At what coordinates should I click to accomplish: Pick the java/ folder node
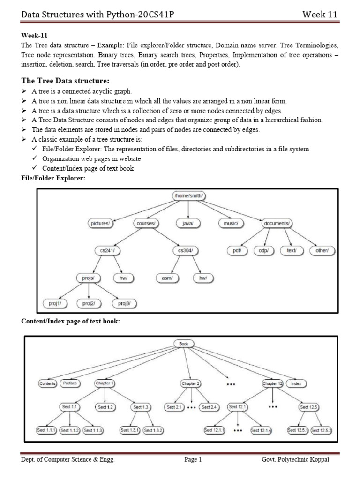(188, 224)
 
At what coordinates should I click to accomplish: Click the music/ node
(231, 224)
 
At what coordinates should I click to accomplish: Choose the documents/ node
(277, 224)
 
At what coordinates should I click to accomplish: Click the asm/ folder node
(167, 278)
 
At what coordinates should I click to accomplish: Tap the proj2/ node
(89, 304)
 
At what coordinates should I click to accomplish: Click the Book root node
(183, 344)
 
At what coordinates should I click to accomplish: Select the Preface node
(70, 383)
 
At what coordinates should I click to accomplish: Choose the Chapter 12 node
(273, 383)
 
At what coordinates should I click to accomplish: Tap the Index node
(296, 383)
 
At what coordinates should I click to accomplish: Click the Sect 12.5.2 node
(322, 430)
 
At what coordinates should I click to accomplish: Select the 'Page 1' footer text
(193, 459)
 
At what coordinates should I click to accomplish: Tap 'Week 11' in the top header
(320, 15)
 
